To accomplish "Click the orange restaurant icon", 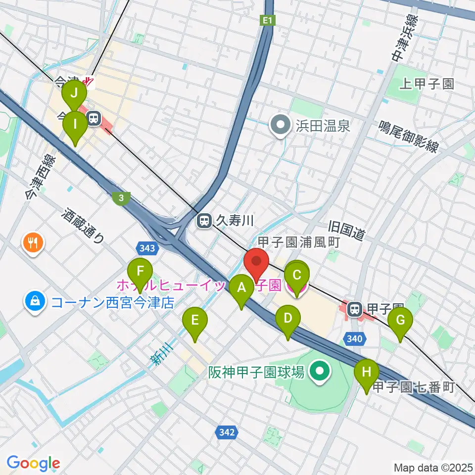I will tap(34, 242).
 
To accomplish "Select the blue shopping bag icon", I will tap(36, 300).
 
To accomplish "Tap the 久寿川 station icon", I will tap(204, 221).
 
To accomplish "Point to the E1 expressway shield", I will tap(267, 20).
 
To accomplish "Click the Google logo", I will tap(34, 463).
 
